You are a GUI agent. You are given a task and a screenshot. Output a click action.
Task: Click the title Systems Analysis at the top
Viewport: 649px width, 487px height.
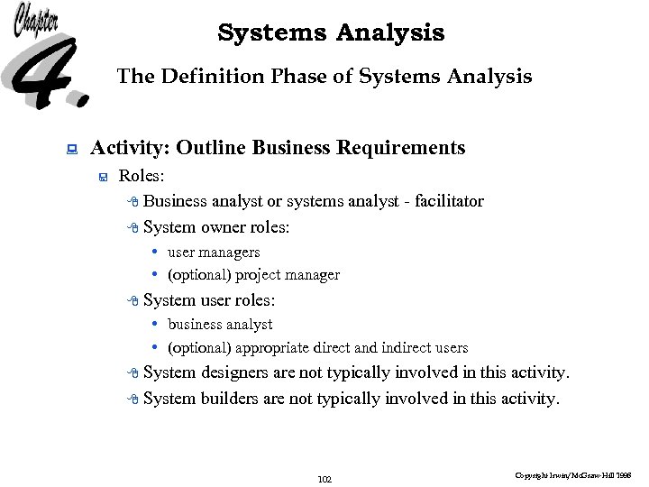point(331,33)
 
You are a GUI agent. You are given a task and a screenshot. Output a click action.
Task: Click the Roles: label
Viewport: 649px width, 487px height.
point(141,176)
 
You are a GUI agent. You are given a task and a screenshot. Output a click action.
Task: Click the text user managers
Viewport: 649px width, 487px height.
point(214,253)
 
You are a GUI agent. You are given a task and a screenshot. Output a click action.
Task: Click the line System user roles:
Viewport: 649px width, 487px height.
point(208,300)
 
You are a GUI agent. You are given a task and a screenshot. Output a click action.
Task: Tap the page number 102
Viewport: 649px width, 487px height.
point(325,479)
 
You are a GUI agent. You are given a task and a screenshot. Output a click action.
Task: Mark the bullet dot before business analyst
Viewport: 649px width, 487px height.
point(156,324)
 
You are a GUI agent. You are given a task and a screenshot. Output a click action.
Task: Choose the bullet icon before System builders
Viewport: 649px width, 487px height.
point(133,400)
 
